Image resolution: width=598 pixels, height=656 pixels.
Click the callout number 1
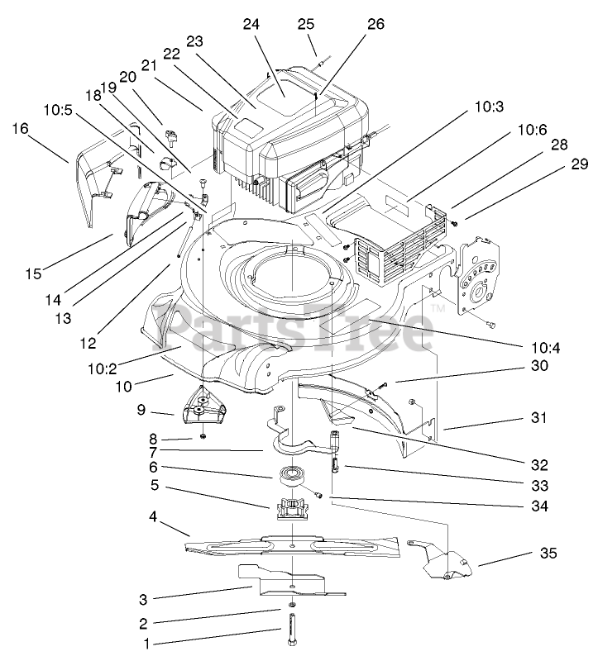[x=149, y=642]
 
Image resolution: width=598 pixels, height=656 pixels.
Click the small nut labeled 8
[x=203, y=435]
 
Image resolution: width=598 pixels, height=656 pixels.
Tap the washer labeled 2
[x=293, y=612]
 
